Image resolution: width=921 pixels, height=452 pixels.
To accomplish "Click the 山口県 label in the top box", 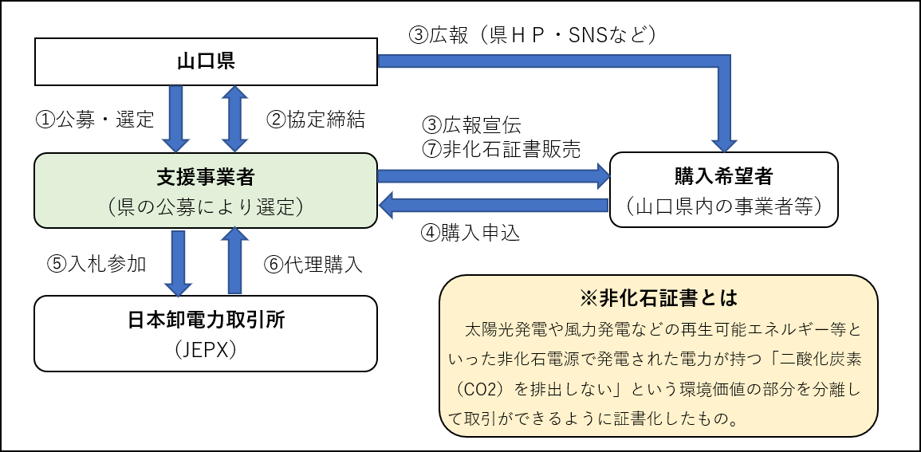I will pos(206,62).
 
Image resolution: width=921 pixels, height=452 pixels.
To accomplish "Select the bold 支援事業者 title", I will pos(206,176).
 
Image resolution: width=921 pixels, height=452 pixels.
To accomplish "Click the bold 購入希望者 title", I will pos(723,176).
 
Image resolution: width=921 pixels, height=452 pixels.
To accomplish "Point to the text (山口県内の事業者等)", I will pos(723,206).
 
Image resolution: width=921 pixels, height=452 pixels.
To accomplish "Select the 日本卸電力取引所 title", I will pos(206,320).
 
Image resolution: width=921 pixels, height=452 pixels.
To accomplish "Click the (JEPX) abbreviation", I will pos(206,351).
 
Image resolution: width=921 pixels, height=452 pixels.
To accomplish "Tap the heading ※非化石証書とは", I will pos(658,298).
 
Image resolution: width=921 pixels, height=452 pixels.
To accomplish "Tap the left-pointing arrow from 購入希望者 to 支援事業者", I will pos(494,206).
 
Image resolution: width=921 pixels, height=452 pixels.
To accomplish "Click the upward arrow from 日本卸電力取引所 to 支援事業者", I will pos(234,261).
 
